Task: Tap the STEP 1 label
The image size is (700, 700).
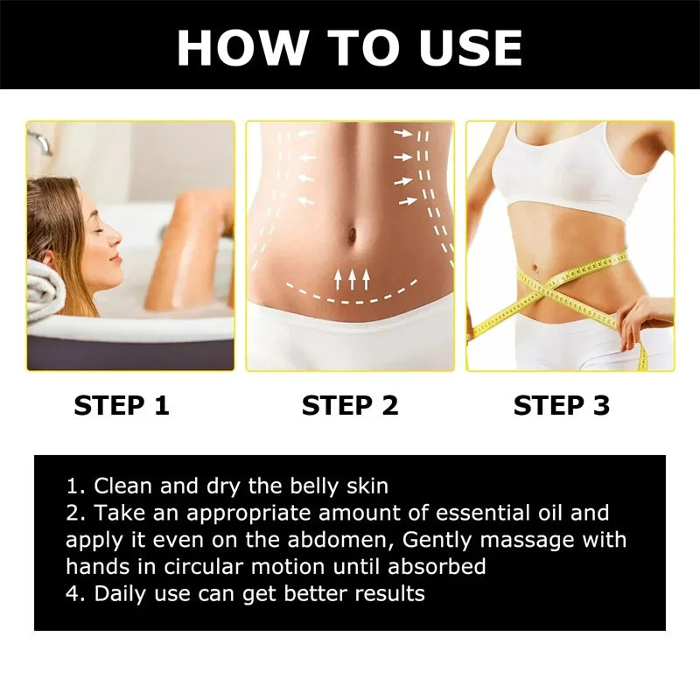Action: tap(122, 405)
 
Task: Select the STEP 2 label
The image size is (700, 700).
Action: tap(350, 405)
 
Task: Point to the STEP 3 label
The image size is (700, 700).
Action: tap(562, 405)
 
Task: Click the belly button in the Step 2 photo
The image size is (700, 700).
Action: tap(351, 237)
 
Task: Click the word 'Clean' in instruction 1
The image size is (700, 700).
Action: tap(122, 486)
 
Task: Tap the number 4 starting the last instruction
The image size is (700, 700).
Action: tap(73, 593)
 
